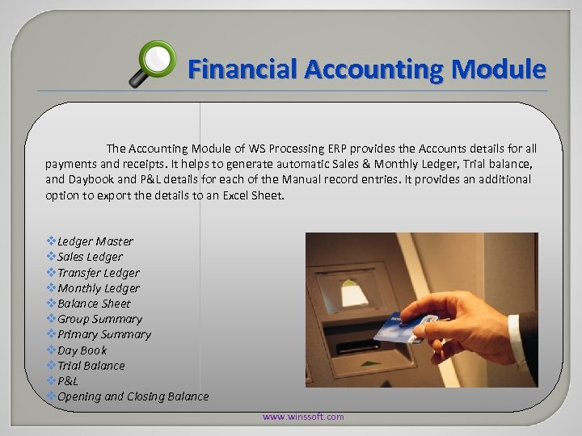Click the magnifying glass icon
click(154, 63)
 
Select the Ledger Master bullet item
click(95, 241)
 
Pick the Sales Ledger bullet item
click(90, 257)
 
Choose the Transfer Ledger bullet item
click(99, 273)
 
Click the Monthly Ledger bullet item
click(99, 288)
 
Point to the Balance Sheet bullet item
click(94, 304)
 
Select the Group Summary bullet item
click(99, 319)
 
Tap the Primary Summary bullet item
click(103, 334)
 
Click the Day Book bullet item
click(82, 350)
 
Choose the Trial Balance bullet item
click(91, 366)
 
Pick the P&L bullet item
click(68, 381)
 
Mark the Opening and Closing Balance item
click(133, 396)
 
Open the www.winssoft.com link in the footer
click(302, 417)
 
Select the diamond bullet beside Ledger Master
click(52, 241)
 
